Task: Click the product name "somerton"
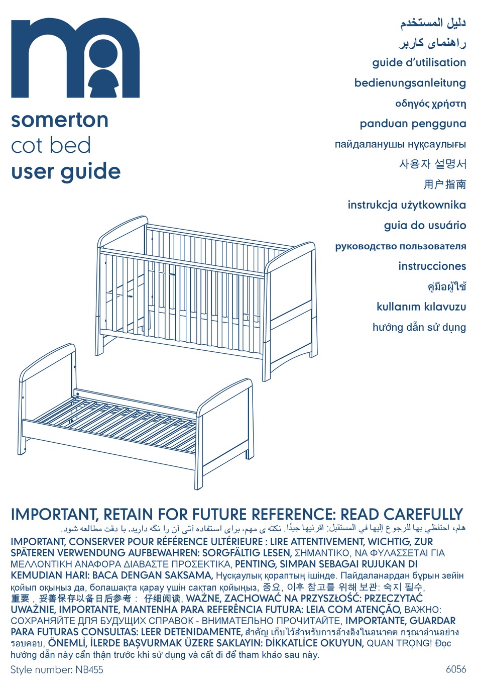coord(60,120)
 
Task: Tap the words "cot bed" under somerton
coord(51,146)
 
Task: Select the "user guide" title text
coord(66,172)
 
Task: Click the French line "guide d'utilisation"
coord(419,63)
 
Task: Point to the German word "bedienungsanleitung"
coord(410,83)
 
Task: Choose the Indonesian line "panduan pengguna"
coord(413,124)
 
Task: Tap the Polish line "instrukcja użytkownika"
coord(407,205)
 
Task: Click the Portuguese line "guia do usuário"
coord(425,225)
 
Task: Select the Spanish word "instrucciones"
coord(432,266)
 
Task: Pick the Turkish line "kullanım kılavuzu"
coord(421,307)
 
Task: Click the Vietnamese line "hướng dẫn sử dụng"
coord(419,327)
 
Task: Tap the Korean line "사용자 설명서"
coord(432,164)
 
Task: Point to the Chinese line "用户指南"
coord(444,184)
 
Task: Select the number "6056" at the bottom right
coord(455,669)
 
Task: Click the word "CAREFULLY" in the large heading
coord(423,515)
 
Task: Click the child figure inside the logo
coord(103,70)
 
